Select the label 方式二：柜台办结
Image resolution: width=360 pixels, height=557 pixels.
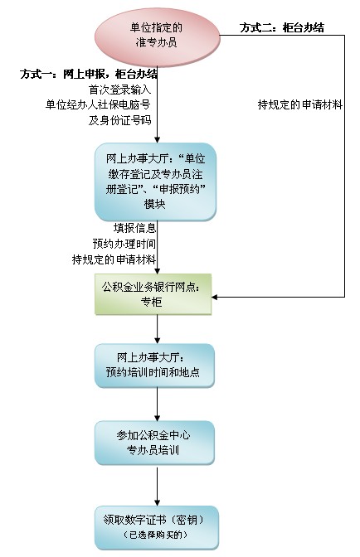point(282,27)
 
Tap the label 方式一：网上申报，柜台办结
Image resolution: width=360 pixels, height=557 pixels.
point(89,74)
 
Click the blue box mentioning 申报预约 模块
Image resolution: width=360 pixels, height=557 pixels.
point(156,181)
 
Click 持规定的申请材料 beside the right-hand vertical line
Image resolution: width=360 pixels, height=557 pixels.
point(299,104)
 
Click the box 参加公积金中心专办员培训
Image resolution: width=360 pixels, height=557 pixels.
point(155,443)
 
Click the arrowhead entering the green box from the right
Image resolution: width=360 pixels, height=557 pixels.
point(218,306)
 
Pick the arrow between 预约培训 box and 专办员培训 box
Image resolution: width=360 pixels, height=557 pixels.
point(157,404)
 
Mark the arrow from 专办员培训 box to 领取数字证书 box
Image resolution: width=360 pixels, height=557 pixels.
point(157,484)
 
